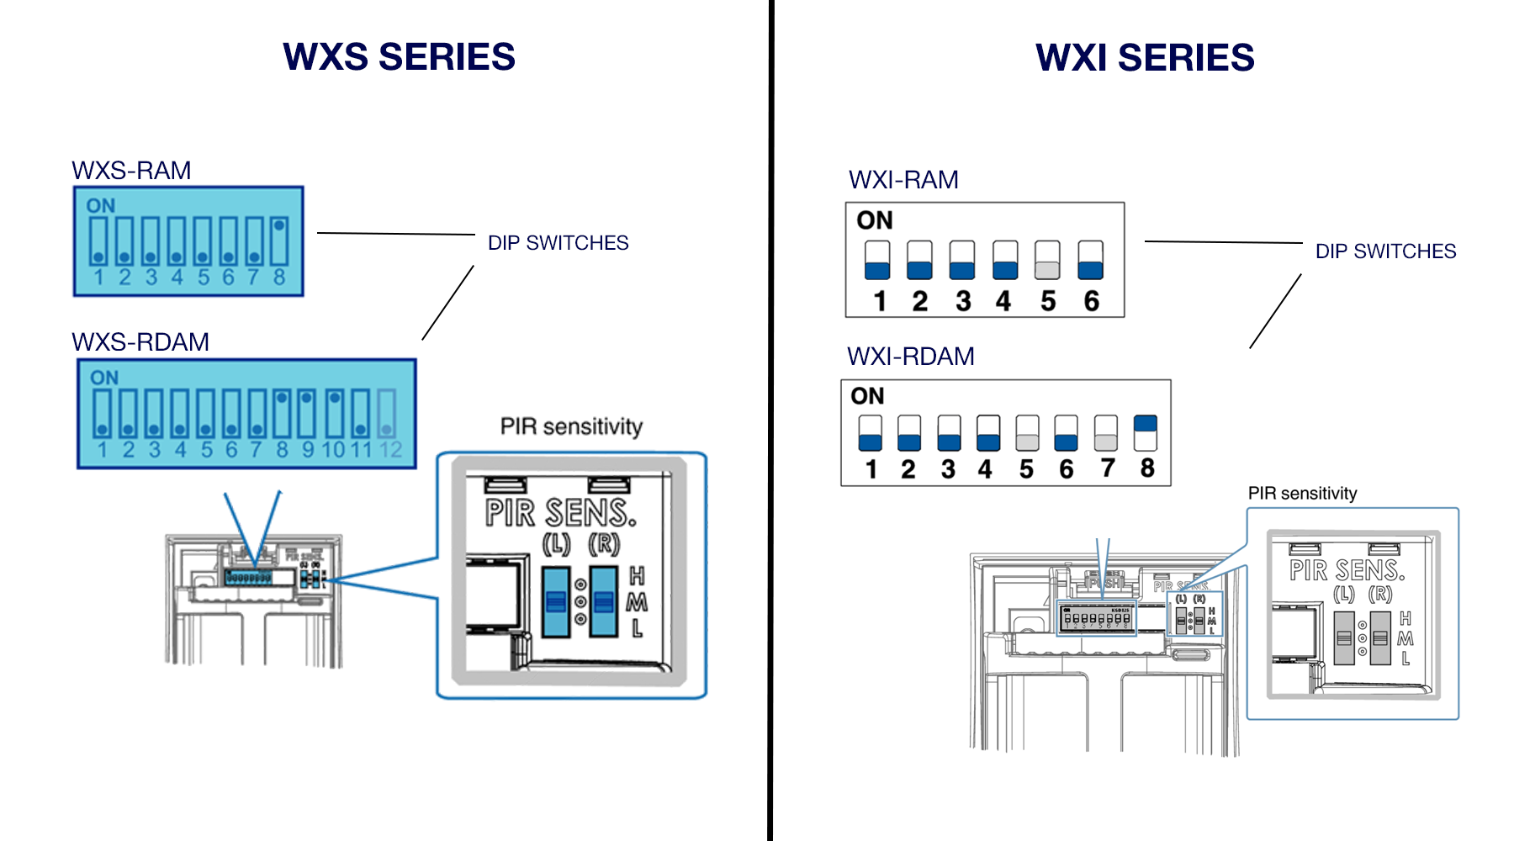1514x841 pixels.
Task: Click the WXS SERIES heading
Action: [x=399, y=57]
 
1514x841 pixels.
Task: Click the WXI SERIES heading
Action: [x=1145, y=58]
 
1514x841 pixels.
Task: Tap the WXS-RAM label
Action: [x=131, y=171]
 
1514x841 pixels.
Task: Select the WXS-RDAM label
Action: [x=140, y=342]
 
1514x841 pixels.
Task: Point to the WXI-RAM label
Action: [x=903, y=180]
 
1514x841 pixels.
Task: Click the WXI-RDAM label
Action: [x=910, y=357]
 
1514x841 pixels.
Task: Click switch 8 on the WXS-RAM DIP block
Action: [x=280, y=241]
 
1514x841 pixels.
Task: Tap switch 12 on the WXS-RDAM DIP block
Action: [x=386, y=413]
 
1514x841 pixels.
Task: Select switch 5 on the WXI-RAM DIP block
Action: [x=1047, y=260]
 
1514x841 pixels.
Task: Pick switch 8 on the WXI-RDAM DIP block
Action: [x=1146, y=433]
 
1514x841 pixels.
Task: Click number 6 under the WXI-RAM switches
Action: [x=1091, y=301]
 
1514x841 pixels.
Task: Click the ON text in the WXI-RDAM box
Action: [x=867, y=396]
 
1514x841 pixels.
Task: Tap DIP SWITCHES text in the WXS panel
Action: [x=558, y=243]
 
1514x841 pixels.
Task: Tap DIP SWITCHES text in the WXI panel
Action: [x=1385, y=251]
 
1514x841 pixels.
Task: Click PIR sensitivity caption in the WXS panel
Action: [x=571, y=426]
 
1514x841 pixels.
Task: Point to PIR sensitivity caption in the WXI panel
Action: [x=1302, y=494]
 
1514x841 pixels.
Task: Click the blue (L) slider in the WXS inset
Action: [x=555, y=601]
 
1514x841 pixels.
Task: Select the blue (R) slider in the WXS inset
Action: [x=604, y=601]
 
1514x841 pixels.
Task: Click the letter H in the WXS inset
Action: [x=637, y=576]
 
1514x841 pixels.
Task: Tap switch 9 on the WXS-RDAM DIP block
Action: [x=308, y=413]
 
